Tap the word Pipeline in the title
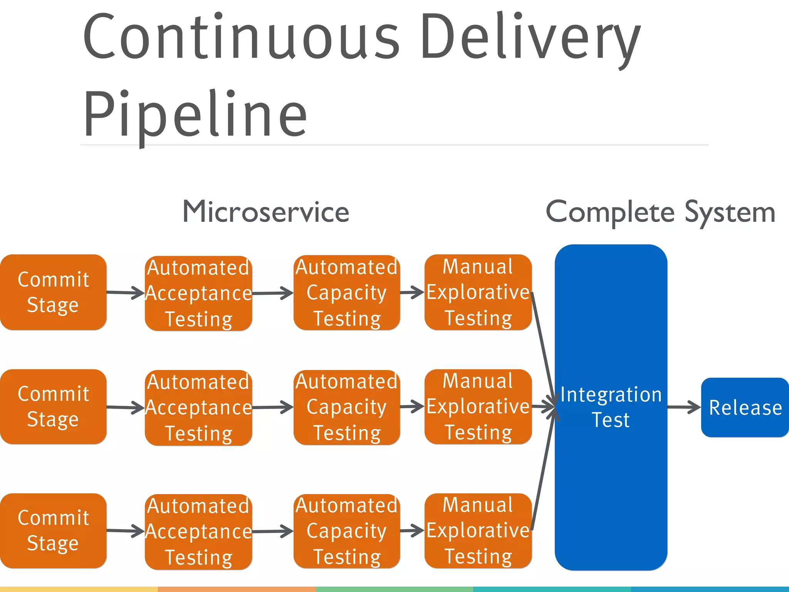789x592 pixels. click(x=195, y=114)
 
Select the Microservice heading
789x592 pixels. click(x=266, y=212)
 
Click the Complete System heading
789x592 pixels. click(x=660, y=212)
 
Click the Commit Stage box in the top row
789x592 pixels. click(x=53, y=292)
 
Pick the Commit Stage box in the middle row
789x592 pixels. click(x=53, y=407)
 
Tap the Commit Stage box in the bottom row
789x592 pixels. click(x=53, y=530)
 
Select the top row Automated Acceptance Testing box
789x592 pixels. click(x=198, y=293)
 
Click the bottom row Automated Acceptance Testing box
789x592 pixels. click(x=198, y=531)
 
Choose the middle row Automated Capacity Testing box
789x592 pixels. click(x=347, y=407)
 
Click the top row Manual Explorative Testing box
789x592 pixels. click(x=478, y=292)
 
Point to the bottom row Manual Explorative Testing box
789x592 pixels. click(x=478, y=530)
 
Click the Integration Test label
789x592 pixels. click(x=611, y=407)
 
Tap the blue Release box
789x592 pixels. click(x=745, y=407)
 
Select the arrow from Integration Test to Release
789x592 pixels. click(x=684, y=407)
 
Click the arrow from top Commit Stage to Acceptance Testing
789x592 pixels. click(x=125, y=293)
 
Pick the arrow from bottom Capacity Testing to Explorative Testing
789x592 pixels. click(x=412, y=531)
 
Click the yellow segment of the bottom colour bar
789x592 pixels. click(x=79, y=589)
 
